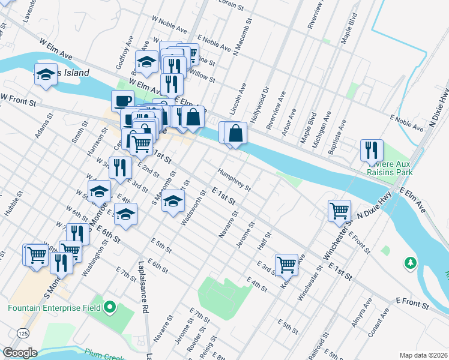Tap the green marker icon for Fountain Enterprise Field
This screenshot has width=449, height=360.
tap(109, 308)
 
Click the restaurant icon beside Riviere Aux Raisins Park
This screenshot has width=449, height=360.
tap(372, 150)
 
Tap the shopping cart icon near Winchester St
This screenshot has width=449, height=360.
tap(340, 211)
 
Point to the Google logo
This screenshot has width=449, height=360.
tap(19, 353)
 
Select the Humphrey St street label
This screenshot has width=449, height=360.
tap(234, 178)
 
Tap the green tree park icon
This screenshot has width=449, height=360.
tap(411, 263)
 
